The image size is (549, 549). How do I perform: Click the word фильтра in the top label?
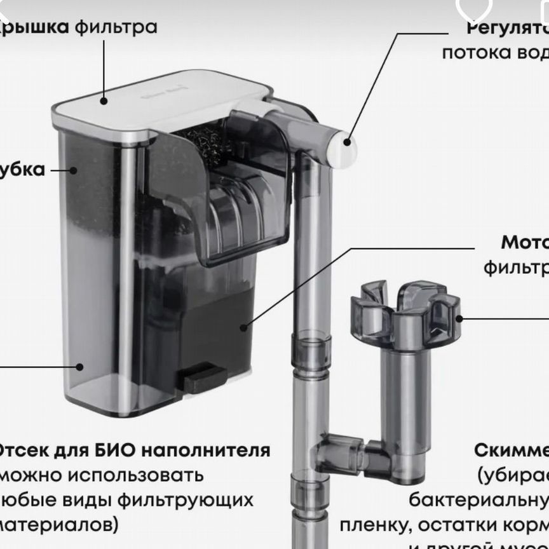[116, 27]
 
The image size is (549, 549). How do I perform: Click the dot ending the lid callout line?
[104, 98]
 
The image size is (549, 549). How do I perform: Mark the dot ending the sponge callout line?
[74, 170]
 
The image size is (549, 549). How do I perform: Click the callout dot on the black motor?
[243, 327]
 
